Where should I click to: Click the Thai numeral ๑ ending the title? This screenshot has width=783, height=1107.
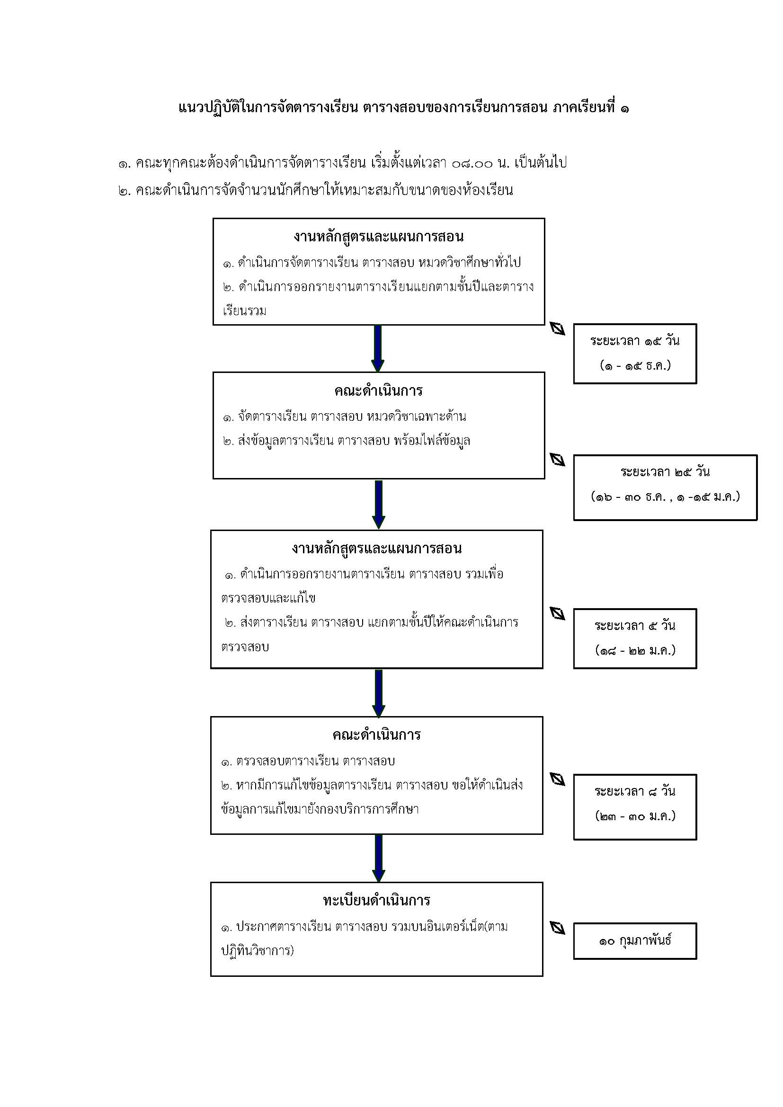(624, 108)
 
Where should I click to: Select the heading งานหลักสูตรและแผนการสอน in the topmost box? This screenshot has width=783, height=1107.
(379, 237)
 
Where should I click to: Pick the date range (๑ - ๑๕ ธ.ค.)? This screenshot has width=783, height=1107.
(635, 366)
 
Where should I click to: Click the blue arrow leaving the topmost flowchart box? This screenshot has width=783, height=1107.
(378, 349)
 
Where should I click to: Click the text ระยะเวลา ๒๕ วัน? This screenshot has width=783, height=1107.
(665, 472)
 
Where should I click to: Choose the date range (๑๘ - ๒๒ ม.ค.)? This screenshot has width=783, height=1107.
(635, 651)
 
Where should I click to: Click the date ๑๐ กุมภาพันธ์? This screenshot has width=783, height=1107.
(635, 939)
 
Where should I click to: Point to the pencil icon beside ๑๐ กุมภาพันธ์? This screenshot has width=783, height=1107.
(558, 928)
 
